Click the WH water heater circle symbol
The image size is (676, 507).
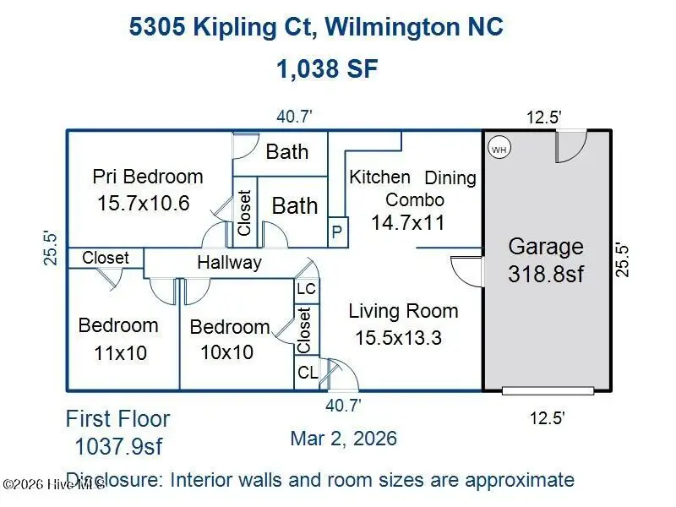[499, 148]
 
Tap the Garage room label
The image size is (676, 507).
[545, 247]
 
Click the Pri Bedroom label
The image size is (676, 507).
[148, 177]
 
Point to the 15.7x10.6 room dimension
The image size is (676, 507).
[143, 204]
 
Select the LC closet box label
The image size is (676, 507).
[306, 289]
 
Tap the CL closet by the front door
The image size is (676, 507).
[306, 373]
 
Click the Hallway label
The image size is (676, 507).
[229, 263]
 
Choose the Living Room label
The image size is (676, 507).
[403, 311]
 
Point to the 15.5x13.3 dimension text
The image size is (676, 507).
[398, 338]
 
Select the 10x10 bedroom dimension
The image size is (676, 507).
[226, 352]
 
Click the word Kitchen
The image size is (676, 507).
[379, 177]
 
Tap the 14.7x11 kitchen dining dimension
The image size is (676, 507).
[407, 223]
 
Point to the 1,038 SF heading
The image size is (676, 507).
[327, 69]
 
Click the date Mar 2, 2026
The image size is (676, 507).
[343, 439]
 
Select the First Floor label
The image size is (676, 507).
[117, 419]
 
